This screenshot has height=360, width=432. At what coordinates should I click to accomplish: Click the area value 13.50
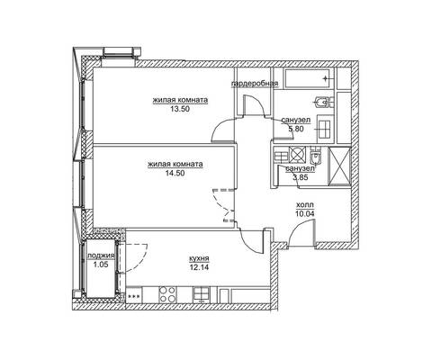click(180, 109)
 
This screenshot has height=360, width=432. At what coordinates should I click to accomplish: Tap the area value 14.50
click(175, 173)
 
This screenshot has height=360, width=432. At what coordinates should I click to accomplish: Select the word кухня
click(199, 258)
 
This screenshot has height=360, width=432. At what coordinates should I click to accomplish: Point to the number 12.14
click(199, 266)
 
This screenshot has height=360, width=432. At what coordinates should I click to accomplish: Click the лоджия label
click(101, 256)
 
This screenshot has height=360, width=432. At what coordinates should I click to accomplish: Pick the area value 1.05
click(101, 265)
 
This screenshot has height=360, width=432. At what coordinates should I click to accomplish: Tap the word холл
click(305, 205)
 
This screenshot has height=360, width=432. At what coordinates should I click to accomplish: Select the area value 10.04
click(305, 213)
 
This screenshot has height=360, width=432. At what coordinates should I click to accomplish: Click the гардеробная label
click(255, 84)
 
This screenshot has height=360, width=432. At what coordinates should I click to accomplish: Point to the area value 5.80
click(296, 129)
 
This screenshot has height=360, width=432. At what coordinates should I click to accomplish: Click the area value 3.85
click(301, 177)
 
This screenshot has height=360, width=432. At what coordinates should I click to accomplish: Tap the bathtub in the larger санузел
click(309, 78)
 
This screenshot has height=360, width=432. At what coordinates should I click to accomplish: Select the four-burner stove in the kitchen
click(167, 294)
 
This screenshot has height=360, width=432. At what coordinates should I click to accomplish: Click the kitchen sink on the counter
click(202, 294)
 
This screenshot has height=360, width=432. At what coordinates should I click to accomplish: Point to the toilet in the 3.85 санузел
click(315, 155)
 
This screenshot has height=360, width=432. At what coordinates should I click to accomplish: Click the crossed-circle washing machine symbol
click(297, 155)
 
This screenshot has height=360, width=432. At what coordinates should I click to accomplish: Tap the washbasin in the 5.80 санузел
click(325, 130)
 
